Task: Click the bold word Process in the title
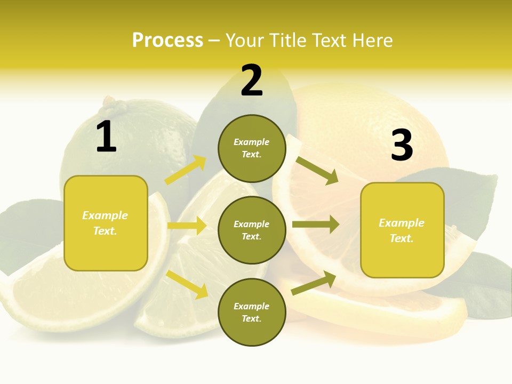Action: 167,41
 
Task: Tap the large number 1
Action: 106,137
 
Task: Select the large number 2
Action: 252,81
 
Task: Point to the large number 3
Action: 402,146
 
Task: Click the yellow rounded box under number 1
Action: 106,223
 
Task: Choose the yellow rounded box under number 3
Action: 402,230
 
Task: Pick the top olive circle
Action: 252,148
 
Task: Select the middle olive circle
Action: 252,230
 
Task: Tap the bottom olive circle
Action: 252,312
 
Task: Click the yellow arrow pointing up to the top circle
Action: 186,170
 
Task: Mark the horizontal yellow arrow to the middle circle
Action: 187,226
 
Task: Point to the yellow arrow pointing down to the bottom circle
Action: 187,284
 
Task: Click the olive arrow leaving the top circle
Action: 317,171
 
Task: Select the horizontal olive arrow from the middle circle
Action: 315,225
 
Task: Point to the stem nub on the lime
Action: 110,100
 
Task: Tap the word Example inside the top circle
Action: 252,142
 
